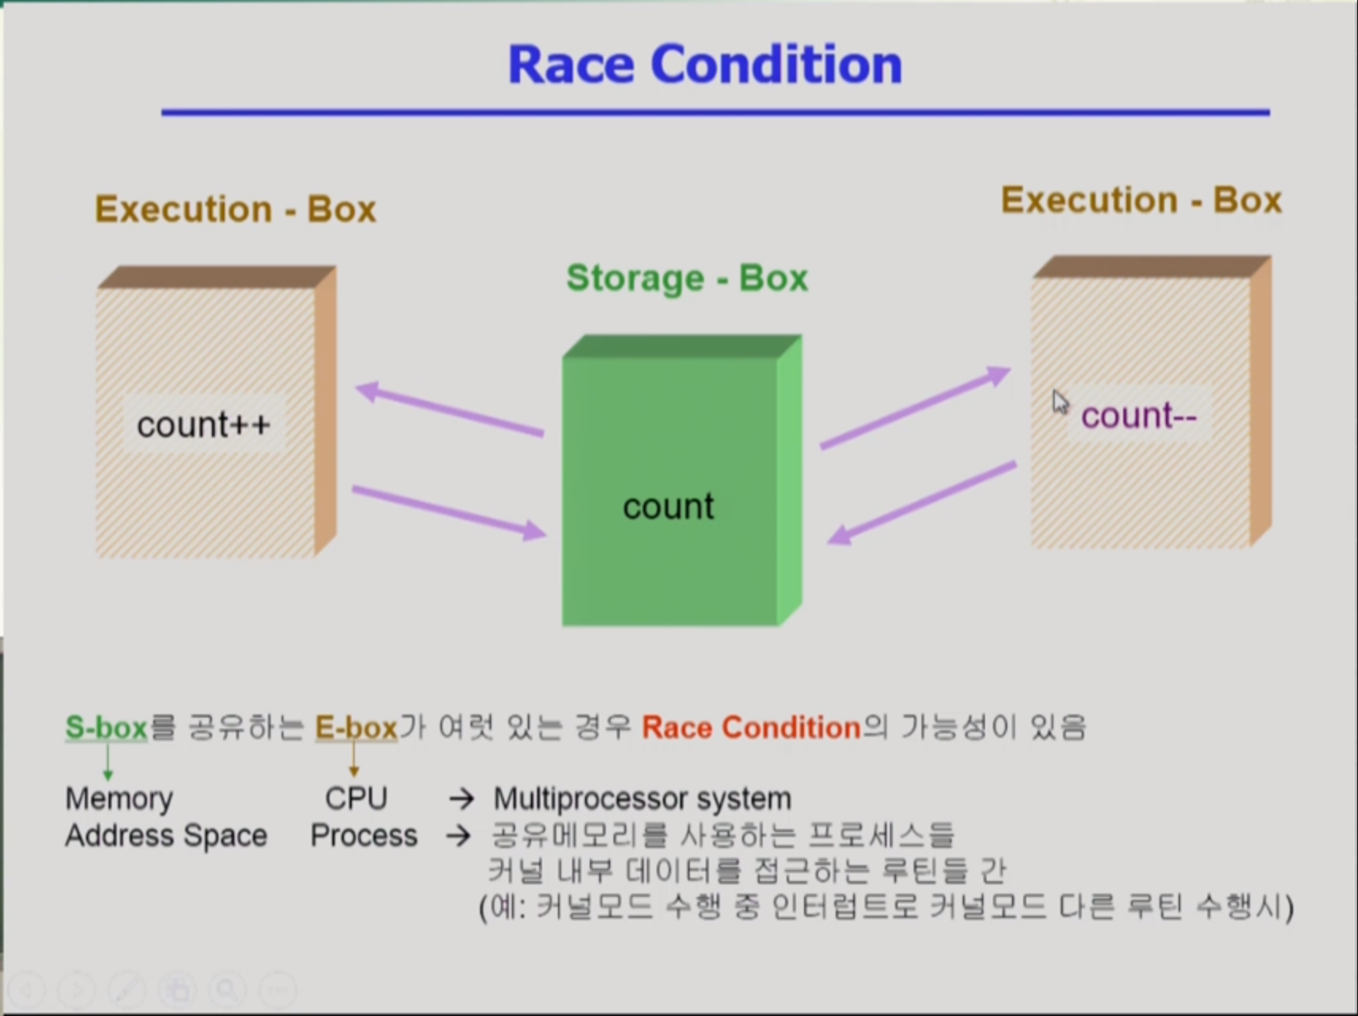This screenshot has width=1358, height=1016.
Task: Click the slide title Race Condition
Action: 705,64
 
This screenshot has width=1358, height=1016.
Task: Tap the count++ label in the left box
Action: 204,425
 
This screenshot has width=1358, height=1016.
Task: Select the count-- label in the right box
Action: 1139,415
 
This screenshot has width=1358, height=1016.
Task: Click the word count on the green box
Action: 668,506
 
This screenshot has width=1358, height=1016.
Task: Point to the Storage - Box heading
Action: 687,278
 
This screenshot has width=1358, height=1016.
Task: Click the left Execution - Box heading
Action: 236,210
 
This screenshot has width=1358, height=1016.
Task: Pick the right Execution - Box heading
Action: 1141,200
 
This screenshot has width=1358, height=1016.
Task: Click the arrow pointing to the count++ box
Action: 450,410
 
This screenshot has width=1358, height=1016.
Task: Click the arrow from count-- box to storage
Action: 921,503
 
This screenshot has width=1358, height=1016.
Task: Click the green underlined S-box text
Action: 106,728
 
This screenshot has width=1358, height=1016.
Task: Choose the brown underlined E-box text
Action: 356,728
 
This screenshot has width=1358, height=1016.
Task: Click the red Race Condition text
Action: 752,727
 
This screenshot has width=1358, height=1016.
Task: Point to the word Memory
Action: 119,799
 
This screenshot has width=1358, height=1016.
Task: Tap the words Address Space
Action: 166,836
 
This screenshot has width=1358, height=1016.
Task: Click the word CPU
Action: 356,798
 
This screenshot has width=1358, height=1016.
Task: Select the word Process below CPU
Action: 364,835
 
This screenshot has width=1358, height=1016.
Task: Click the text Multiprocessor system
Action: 642,799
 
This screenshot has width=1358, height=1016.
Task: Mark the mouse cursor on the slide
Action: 1060,402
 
